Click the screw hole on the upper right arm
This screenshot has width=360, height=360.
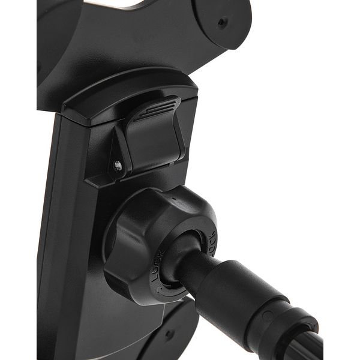pyautogui.click(x=223, y=23)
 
